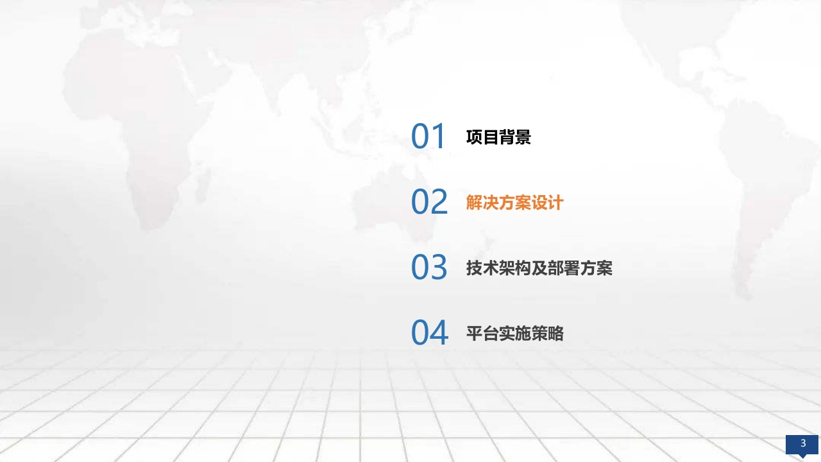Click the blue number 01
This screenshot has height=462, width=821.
pyautogui.click(x=428, y=136)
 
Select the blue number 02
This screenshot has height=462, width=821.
pyautogui.click(x=429, y=201)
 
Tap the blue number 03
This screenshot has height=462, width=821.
pyautogui.click(x=429, y=267)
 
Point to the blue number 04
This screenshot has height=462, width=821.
pyautogui.click(x=430, y=332)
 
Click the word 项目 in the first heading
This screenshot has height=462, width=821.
pyautogui.click(x=482, y=137)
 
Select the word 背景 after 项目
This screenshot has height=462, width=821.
pyautogui.click(x=515, y=137)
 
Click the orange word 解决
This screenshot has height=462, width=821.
pyautogui.click(x=482, y=203)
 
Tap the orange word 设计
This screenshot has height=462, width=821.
pyautogui.click(x=548, y=203)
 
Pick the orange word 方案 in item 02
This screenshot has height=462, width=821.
pyautogui.click(x=515, y=203)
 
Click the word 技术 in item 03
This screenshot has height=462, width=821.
pyautogui.click(x=482, y=268)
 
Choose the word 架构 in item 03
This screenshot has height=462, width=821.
pyautogui.click(x=515, y=268)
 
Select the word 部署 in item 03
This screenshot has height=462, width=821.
pyautogui.click(x=564, y=268)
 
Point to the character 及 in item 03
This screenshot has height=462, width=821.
pyautogui.click(x=539, y=268)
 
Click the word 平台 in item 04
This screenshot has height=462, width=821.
pyautogui.click(x=482, y=334)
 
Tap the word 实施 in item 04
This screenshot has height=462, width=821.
pyautogui.click(x=515, y=334)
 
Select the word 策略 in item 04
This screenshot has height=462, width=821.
pyautogui.click(x=548, y=334)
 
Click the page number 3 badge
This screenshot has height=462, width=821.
pyautogui.click(x=802, y=445)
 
